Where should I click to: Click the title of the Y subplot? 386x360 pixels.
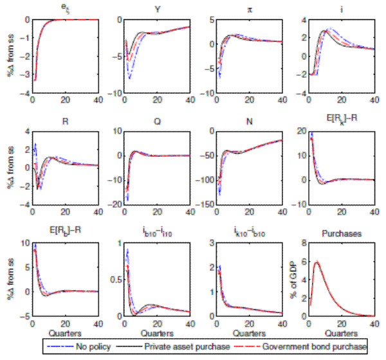point(158,9)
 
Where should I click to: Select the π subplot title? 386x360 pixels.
point(248,9)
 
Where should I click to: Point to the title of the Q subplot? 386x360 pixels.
point(158,120)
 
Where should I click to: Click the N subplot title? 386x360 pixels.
point(248,120)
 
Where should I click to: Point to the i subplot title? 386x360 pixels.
point(338,9)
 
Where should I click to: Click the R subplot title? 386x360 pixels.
point(68,120)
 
